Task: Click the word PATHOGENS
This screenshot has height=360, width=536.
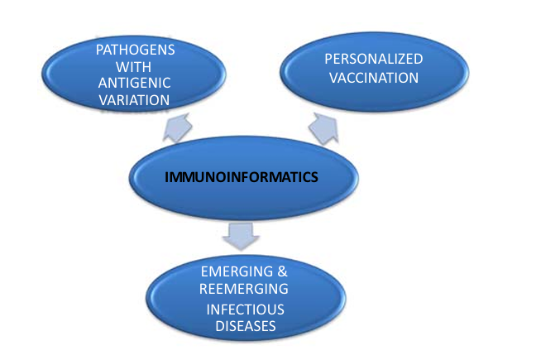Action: coord(136,50)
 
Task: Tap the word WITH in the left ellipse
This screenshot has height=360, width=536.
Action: coord(133,67)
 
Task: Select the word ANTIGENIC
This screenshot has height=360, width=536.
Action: coord(134,83)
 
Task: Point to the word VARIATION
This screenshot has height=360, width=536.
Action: coord(134,100)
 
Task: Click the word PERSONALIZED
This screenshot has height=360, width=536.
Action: coord(374,59)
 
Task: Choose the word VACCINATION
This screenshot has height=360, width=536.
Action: coord(374,78)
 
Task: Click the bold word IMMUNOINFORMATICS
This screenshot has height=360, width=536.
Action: coord(242,177)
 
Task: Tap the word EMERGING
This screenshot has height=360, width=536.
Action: coord(237,271)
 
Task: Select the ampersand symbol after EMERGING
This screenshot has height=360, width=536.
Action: coord(283,271)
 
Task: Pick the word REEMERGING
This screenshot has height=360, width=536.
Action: coord(244,289)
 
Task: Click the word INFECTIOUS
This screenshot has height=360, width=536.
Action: coord(245,310)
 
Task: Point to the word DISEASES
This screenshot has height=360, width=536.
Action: coord(246,326)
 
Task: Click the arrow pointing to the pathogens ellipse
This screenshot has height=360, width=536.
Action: coord(177,128)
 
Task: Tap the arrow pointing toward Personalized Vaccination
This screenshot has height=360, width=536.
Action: coord(324,128)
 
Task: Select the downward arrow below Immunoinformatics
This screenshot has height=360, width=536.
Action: coord(241,237)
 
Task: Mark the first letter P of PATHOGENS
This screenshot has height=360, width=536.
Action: coord(99,50)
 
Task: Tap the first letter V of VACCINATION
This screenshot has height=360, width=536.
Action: coord(333,78)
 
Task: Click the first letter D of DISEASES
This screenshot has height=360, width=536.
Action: coord(220,326)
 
